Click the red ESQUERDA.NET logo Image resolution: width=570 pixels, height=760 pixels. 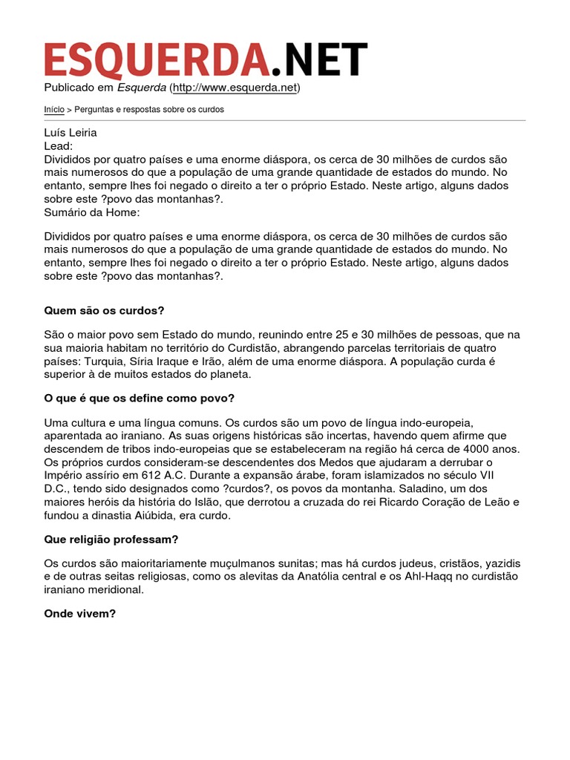point(206,59)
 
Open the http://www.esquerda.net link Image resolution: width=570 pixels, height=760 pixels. point(235,88)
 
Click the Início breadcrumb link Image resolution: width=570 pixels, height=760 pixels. point(53,109)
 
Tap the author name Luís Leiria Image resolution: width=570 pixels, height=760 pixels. point(71,133)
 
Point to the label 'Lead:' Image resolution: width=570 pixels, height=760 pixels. point(59,146)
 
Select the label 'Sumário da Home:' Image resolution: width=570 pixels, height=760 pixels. point(92,212)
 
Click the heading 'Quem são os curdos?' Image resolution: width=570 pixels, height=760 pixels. point(104,310)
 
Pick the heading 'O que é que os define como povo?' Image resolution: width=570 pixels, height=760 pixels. point(140,398)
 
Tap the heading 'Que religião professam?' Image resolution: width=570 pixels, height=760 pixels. point(111,539)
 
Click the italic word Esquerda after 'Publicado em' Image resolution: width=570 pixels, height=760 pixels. point(142,88)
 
